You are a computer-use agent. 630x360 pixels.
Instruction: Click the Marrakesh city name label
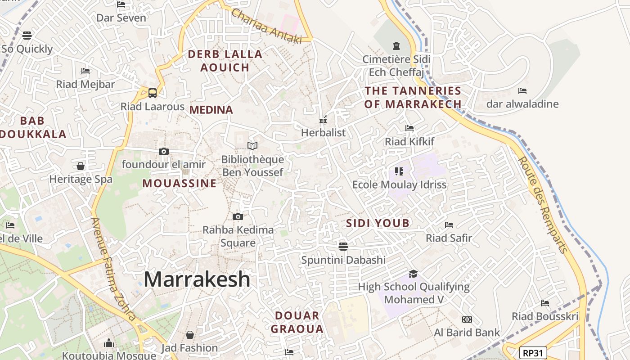coord(197,279)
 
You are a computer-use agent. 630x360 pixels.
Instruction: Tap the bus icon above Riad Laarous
coord(153,93)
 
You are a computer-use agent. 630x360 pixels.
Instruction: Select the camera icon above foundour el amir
coord(164,151)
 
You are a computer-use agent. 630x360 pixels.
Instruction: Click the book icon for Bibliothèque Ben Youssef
coord(252,146)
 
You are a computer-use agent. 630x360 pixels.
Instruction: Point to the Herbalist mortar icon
coord(323,120)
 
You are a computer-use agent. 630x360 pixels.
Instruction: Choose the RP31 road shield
coord(533,353)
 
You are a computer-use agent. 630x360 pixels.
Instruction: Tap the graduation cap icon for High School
coord(413,274)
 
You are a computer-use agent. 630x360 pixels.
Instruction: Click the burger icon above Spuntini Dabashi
coord(343,246)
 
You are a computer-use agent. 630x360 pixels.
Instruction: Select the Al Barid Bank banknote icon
coord(467,319)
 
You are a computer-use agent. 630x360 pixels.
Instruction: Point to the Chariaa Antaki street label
coord(266,27)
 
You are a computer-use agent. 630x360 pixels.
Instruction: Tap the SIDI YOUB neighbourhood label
coord(378,223)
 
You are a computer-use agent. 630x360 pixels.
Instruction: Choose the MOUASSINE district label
coord(179,184)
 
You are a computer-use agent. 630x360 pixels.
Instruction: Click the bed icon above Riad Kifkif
coord(409,128)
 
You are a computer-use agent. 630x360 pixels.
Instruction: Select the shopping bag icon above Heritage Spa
coord(81,166)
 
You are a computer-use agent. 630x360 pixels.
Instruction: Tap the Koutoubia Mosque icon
coord(109,343)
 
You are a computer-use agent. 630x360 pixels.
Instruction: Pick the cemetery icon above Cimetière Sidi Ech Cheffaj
coord(396,46)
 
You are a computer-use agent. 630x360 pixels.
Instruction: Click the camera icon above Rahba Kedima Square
coord(238,217)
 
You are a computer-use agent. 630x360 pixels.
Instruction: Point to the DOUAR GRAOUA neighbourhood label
coord(297,322)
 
